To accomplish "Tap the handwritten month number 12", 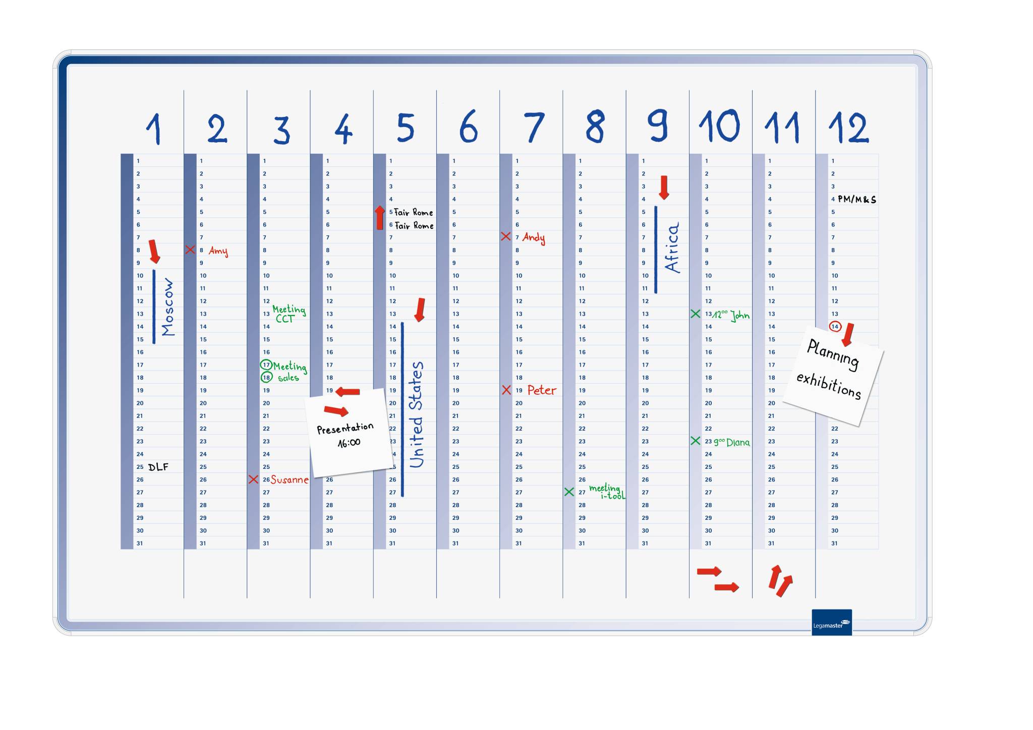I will point(848,128).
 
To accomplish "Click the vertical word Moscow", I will point(168,307).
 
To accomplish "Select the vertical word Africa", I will point(672,248).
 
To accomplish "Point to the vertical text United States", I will point(416,414).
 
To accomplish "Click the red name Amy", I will point(218,251).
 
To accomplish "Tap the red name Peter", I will point(542,390).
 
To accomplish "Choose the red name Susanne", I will point(290,479).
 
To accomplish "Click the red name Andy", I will point(534,237).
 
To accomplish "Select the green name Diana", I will point(738,442).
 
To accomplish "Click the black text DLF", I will point(158,467).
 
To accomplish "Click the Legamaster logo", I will point(831,623).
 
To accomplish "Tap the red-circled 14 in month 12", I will point(835,327).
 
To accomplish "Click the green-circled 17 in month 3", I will point(266,364).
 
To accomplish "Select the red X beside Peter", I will point(506,390).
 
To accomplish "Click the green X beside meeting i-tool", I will point(569,492).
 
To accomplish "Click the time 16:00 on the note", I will point(349,443).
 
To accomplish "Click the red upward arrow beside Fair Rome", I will point(380,218).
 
